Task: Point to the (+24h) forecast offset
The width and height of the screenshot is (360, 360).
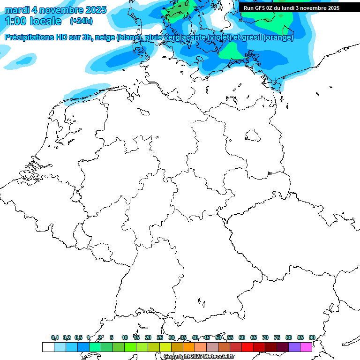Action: click(x=81, y=21)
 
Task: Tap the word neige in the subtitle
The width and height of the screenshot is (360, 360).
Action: click(x=105, y=37)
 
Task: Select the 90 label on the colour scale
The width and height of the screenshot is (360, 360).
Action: click(x=312, y=337)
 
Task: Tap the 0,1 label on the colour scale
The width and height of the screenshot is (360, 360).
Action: click(x=55, y=337)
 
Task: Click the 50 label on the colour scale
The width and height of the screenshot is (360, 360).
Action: click(x=218, y=337)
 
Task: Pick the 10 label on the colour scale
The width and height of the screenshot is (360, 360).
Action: click(x=125, y=337)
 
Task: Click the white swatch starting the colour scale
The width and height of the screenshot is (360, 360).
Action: click(x=48, y=347)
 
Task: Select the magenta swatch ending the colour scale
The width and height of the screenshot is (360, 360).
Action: click(x=306, y=347)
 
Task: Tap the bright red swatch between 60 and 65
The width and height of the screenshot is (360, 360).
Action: click(x=247, y=347)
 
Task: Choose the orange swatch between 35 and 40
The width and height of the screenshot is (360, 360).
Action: click(x=188, y=347)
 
